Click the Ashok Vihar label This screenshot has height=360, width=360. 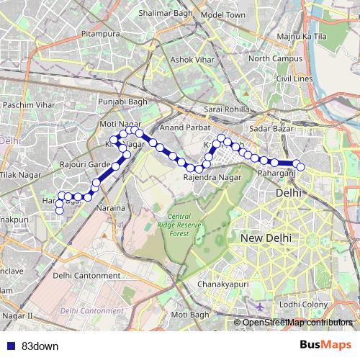pos(191,60)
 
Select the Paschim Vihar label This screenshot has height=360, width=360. pos(30,105)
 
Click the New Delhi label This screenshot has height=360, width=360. pos(266,238)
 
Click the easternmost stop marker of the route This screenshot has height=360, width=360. pos(301,168)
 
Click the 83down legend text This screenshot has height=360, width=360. pos(39,345)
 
